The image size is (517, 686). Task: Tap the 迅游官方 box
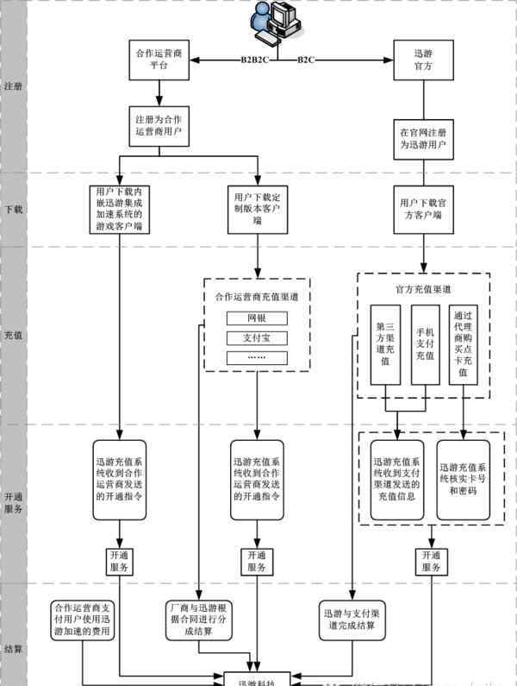pyautogui.click(x=422, y=59)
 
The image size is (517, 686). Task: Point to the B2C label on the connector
pyautogui.click(x=307, y=60)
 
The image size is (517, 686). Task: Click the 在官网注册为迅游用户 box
pyautogui.click(x=422, y=139)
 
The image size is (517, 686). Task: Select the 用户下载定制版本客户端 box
pyautogui.click(x=257, y=208)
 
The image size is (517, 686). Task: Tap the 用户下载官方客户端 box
pyautogui.click(x=422, y=208)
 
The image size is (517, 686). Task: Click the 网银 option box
pyautogui.click(x=257, y=318)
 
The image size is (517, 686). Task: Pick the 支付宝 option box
pyautogui.click(x=257, y=337)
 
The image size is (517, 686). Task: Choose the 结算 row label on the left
pyautogui.click(x=13, y=648)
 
